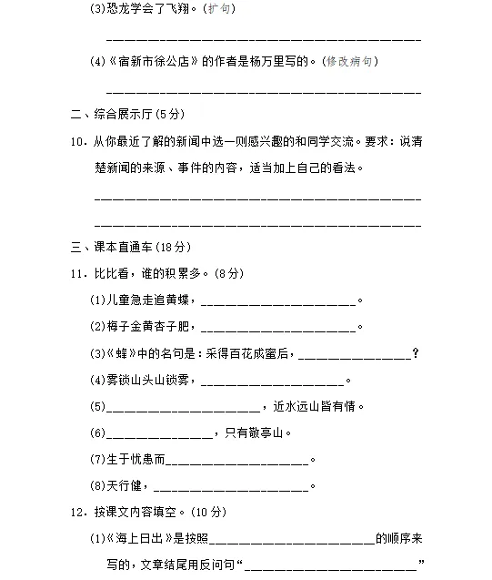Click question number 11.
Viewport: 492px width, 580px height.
(x=77, y=273)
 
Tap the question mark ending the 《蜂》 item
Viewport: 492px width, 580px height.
(x=416, y=353)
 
